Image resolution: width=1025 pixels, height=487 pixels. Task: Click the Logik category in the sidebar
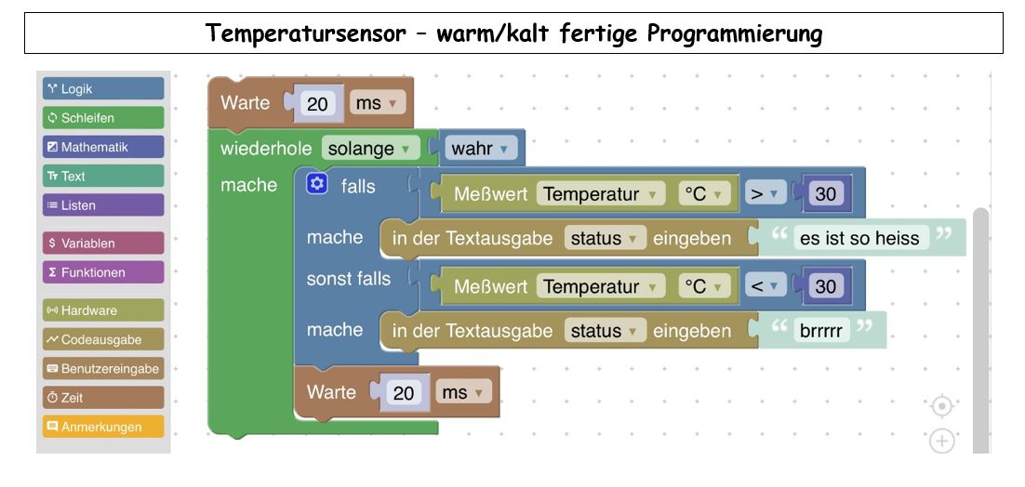(103, 89)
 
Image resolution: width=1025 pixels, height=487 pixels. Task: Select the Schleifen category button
(103, 117)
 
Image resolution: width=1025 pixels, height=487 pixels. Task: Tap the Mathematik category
(103, 147)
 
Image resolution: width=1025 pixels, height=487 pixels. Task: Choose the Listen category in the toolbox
(103, 205)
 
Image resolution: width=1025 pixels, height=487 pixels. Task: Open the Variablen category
(103, 243)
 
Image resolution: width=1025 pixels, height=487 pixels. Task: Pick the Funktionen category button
(103, 272)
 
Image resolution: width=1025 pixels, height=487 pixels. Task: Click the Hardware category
(103, 310)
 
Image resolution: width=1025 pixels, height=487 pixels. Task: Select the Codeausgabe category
(103, 339)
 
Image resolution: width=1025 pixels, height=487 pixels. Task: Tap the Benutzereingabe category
(103, 368)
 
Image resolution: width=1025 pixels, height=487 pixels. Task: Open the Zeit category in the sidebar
(103, 397)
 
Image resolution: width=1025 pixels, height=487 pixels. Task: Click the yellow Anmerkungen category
(103, 427)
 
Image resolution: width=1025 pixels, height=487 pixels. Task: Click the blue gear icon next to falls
(316, 185)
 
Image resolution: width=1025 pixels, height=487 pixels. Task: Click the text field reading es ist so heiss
(859, 238)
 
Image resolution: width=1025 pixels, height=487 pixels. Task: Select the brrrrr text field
(821, 330)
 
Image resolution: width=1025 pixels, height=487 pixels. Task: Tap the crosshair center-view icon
(941, 406)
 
